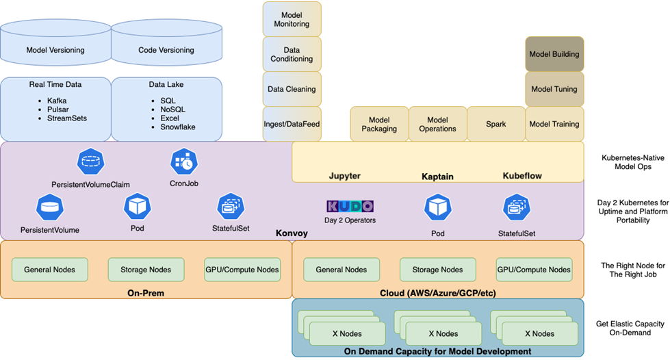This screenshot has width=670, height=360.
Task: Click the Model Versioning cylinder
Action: coord(55,50)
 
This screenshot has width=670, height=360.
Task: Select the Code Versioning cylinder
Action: coord(166,50)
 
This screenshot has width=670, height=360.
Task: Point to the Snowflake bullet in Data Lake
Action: coord(177,127)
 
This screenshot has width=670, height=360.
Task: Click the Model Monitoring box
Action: coord(292,19)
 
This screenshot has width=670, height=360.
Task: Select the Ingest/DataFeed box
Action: coord(292,124)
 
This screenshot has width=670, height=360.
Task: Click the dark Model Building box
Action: coord(554,54)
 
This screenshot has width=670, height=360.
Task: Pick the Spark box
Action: coord(496,124)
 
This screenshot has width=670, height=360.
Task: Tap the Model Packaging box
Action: coord(379,124)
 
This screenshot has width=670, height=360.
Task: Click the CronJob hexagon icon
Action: coord(183,162)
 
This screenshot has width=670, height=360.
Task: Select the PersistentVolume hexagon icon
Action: coord(49,207)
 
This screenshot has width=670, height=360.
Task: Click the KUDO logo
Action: coord(350,206)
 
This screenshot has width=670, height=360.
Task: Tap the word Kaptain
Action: coord(437,177)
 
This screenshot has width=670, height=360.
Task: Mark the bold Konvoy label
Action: coord(292,233)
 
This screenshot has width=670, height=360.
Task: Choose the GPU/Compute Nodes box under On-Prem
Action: coord(242,270)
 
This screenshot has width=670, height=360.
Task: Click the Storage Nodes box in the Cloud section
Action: coord(438,270)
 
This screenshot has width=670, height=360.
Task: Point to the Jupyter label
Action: coord(344,176)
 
